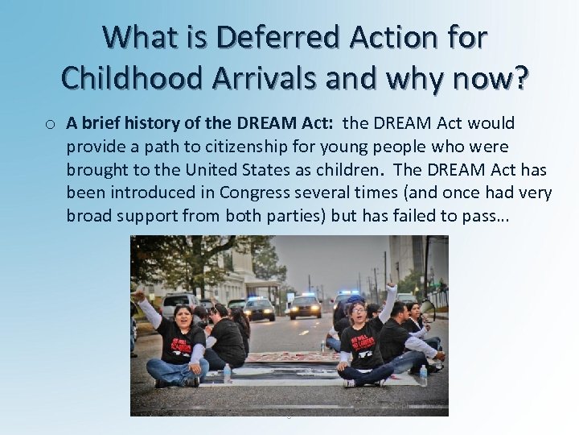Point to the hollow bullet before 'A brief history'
point(50,125)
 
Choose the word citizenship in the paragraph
point(273,147)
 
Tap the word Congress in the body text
point(250,193)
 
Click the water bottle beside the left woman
point(228,373)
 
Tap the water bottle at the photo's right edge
point(423,375)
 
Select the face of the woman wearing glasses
point(358,312)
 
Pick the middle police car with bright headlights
point(306,307)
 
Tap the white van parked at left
point(178,304)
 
